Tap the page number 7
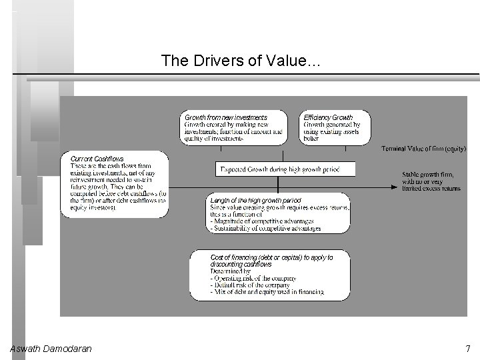click(x=467, y=349)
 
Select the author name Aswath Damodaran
click(x=51, y=349)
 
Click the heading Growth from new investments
click(x=226, y=117)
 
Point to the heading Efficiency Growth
click(x=328, y=117)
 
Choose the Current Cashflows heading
click(x=97, y=159)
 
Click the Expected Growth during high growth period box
click(x=285, y=170)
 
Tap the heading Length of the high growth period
click(x=255, y=200)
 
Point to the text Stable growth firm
click(x=427, y=175)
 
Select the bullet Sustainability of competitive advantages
click(x=265, y=228)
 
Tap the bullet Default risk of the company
click(x=250, y=285)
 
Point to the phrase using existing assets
click(x=331, y=132)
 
